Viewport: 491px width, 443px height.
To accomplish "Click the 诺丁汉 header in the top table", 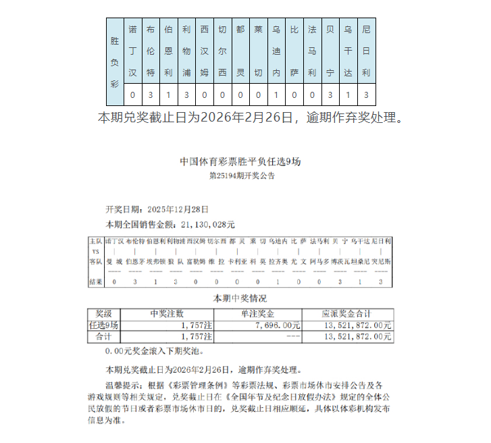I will click(x=132, y=51).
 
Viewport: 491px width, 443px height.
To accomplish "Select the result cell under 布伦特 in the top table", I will click(x=151, y=95).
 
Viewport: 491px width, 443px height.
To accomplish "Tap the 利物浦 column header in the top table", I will click(x=186, y=51).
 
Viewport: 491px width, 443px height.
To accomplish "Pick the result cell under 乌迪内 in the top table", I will click(x=276, y=95).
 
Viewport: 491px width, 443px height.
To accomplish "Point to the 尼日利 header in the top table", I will click(x=366, y=51).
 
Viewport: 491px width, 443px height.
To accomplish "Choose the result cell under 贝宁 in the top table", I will click(x=330, y=95).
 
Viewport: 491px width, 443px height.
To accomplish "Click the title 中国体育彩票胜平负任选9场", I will click(x=244, y=161).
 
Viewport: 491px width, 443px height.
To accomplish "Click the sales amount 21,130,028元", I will click(x=205, y=224).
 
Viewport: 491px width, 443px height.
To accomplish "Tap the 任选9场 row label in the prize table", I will click(x=104, y=325).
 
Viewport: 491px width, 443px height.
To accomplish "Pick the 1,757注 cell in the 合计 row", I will click(x=197, y=336).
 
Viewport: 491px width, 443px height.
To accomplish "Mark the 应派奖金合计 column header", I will click(x=347, y=313).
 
